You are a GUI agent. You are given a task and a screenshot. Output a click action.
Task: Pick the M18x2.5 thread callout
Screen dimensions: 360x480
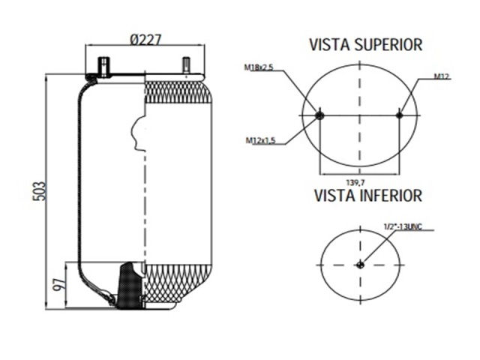tap(259, 68)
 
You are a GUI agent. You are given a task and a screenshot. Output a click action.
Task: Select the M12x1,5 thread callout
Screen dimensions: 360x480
tap(260, 140)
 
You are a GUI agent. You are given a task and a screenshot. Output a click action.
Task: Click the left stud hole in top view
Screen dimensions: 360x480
tap(321, 115)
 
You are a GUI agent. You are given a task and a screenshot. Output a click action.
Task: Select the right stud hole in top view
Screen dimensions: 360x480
tap(400, 115)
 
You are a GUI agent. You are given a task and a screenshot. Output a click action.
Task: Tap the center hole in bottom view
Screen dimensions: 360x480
tap(361, 264)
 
